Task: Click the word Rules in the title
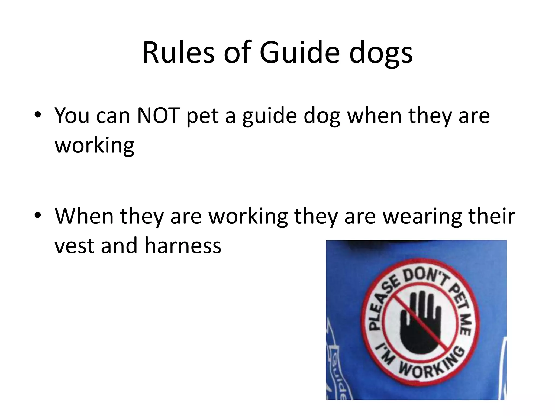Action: click(179, 53)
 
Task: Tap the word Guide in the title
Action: click(299, 53)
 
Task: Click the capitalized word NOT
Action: click(159, 116)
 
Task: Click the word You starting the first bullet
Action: click(72, 116)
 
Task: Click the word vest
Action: click(75, 246)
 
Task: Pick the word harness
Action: click(183, 246)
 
